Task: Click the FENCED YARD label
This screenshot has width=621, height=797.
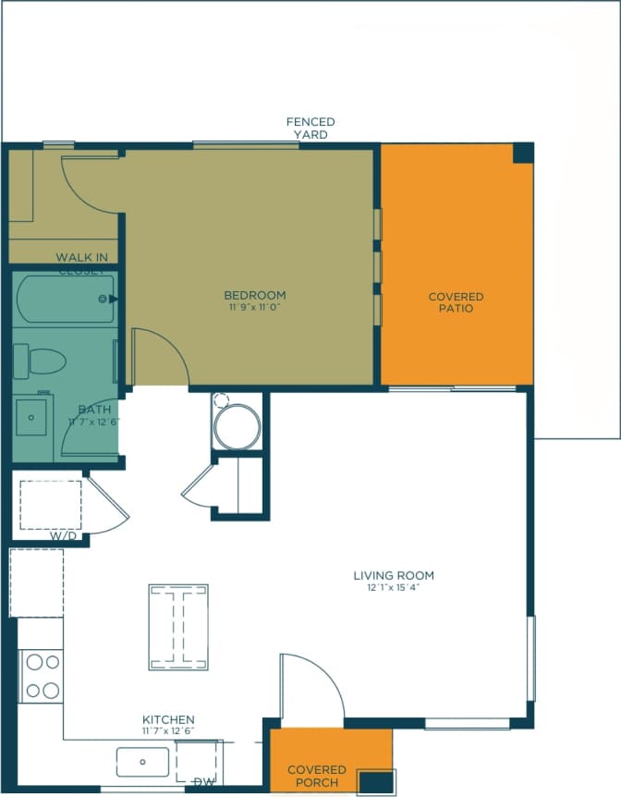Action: (310, 128)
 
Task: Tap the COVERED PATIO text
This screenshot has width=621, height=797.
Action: (456, 302)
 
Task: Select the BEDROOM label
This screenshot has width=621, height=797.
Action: (254, 295)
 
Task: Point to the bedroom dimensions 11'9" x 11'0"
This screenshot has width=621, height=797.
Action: (254, 307)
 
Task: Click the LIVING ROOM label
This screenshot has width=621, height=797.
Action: (394, 575)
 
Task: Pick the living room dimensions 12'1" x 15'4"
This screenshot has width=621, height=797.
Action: (394, 587)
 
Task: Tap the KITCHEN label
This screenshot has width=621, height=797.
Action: (168, 719)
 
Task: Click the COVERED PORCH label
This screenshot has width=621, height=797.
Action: (317, 776)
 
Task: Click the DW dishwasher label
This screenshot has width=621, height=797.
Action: (204, 782)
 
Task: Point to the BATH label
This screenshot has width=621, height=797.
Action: (94, 410)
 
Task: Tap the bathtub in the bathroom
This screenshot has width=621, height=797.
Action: (66, 299)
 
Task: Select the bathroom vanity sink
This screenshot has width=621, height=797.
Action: (33, 418)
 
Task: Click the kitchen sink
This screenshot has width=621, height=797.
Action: (142, 763)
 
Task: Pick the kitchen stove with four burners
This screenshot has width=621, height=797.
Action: (41, 676)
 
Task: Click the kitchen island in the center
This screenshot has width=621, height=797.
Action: (179, 626)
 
